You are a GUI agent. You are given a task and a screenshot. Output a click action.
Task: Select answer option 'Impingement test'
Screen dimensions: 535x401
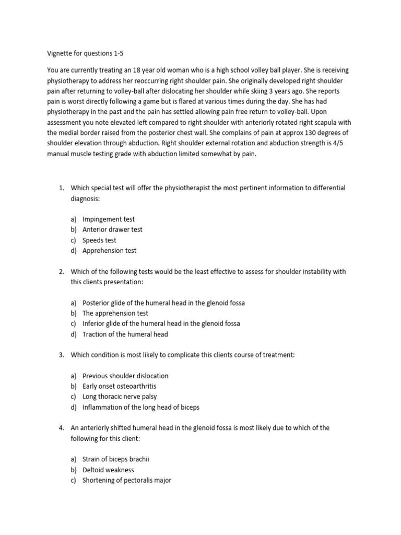pos(108,219)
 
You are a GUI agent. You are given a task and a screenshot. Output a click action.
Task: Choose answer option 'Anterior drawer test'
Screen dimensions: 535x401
pos(112,230)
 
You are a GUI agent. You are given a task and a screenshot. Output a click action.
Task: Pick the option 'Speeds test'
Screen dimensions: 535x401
pos(99,240)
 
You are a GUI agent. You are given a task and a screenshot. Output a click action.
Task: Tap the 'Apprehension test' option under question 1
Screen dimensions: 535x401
pos(109,251)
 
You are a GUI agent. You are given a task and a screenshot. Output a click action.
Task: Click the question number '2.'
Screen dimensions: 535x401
pos(61,272)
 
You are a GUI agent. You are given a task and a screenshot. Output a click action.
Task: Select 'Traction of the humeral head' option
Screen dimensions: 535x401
pos(125,334)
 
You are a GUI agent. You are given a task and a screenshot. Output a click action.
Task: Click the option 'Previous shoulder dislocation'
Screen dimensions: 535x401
pos(125,376)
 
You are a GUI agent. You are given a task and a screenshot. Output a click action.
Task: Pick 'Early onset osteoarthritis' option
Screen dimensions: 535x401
pos(119,387)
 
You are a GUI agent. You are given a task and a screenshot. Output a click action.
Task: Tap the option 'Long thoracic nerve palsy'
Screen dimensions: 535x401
pos(120,397)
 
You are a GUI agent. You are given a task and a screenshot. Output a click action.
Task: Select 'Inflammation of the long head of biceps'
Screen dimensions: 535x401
pos(141,408)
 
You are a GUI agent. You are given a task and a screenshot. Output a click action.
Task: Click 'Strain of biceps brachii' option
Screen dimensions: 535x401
pos(116,460)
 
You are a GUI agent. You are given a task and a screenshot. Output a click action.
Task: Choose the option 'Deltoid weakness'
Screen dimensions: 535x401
pos(108,470)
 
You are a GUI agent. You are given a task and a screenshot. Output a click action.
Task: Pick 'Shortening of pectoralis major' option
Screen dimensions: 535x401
pos(127,481)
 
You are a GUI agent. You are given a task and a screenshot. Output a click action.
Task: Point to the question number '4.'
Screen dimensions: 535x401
pos(61,428)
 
